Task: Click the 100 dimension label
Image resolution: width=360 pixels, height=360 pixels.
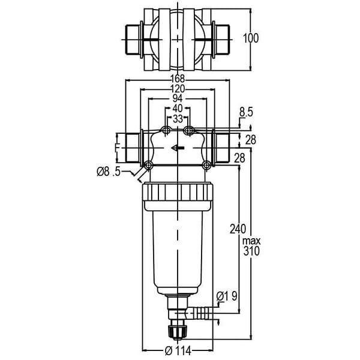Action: [x=251, y=38]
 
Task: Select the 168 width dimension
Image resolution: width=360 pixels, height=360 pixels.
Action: [x=178, y=79]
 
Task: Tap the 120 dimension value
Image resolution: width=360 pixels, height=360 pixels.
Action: [x=178, y=89]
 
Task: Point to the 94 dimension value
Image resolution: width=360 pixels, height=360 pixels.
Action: [x=178, y=98]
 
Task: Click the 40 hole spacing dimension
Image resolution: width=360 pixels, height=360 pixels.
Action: [x=178, y=108]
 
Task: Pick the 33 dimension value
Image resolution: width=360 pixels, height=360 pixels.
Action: [x=178, y=119]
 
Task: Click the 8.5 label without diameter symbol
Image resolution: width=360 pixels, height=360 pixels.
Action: [x=246, y=113]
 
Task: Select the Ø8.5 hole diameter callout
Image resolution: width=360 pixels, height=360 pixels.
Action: [x=109, y=172]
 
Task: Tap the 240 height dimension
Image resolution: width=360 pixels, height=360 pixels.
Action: [x=238, y=229]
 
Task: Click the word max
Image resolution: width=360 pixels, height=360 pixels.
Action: [x=251, y=241]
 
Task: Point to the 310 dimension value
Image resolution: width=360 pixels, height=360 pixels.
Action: [x=251, y=251]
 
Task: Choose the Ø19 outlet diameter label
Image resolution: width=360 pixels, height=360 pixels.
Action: [x=227, y=296]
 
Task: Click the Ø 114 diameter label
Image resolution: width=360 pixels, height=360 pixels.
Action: [x=178, y=350]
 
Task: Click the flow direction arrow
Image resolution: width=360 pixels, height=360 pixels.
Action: [x=178, y=148]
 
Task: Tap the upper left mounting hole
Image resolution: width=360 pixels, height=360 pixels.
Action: [x=166, y=131]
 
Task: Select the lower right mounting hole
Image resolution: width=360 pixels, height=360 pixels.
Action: [x=206, y=165]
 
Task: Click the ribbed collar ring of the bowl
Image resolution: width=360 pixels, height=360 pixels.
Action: [x=178, y=192]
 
